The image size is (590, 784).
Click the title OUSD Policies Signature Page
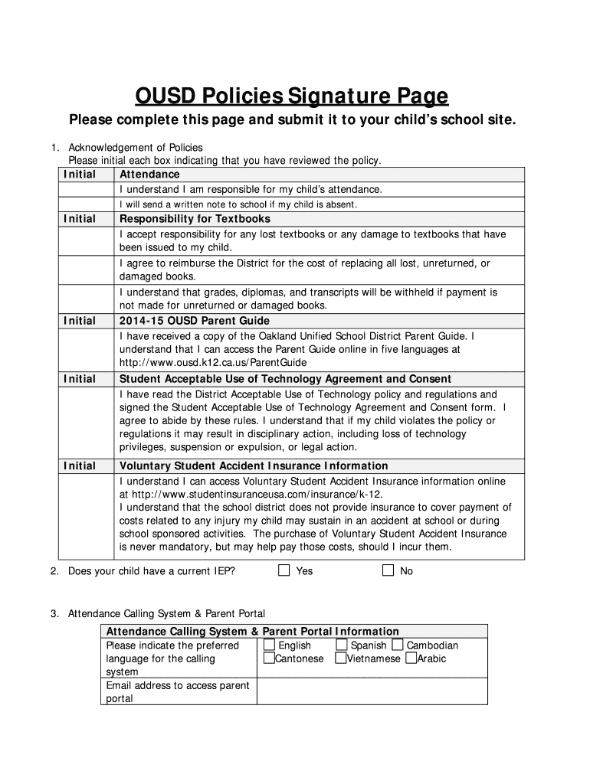pos(291,96)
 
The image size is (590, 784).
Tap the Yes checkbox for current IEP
pos(284,570)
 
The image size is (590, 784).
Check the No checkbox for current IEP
pos(388,570)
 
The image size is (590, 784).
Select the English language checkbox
pos(269,645)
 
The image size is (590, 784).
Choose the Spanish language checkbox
pos(342,645)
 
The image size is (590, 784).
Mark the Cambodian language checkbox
pos(397,645)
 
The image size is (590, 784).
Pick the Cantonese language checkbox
pos(269,658)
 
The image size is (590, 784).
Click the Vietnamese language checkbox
pos(341,658)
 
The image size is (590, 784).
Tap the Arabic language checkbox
pos(411,658)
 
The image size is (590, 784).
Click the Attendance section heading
pos(149,175)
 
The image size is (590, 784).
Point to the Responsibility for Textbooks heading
pos(195,219)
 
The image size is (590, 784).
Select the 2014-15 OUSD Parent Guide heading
pos(194,321)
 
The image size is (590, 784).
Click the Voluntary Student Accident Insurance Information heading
pos(254,465)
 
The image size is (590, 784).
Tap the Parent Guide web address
pos(213,362)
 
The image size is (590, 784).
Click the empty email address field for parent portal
pos(372,691)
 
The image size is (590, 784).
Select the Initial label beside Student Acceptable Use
pos(80,379)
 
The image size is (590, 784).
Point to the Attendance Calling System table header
pos(252,632)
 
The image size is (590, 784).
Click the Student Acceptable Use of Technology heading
pos(285,379)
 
